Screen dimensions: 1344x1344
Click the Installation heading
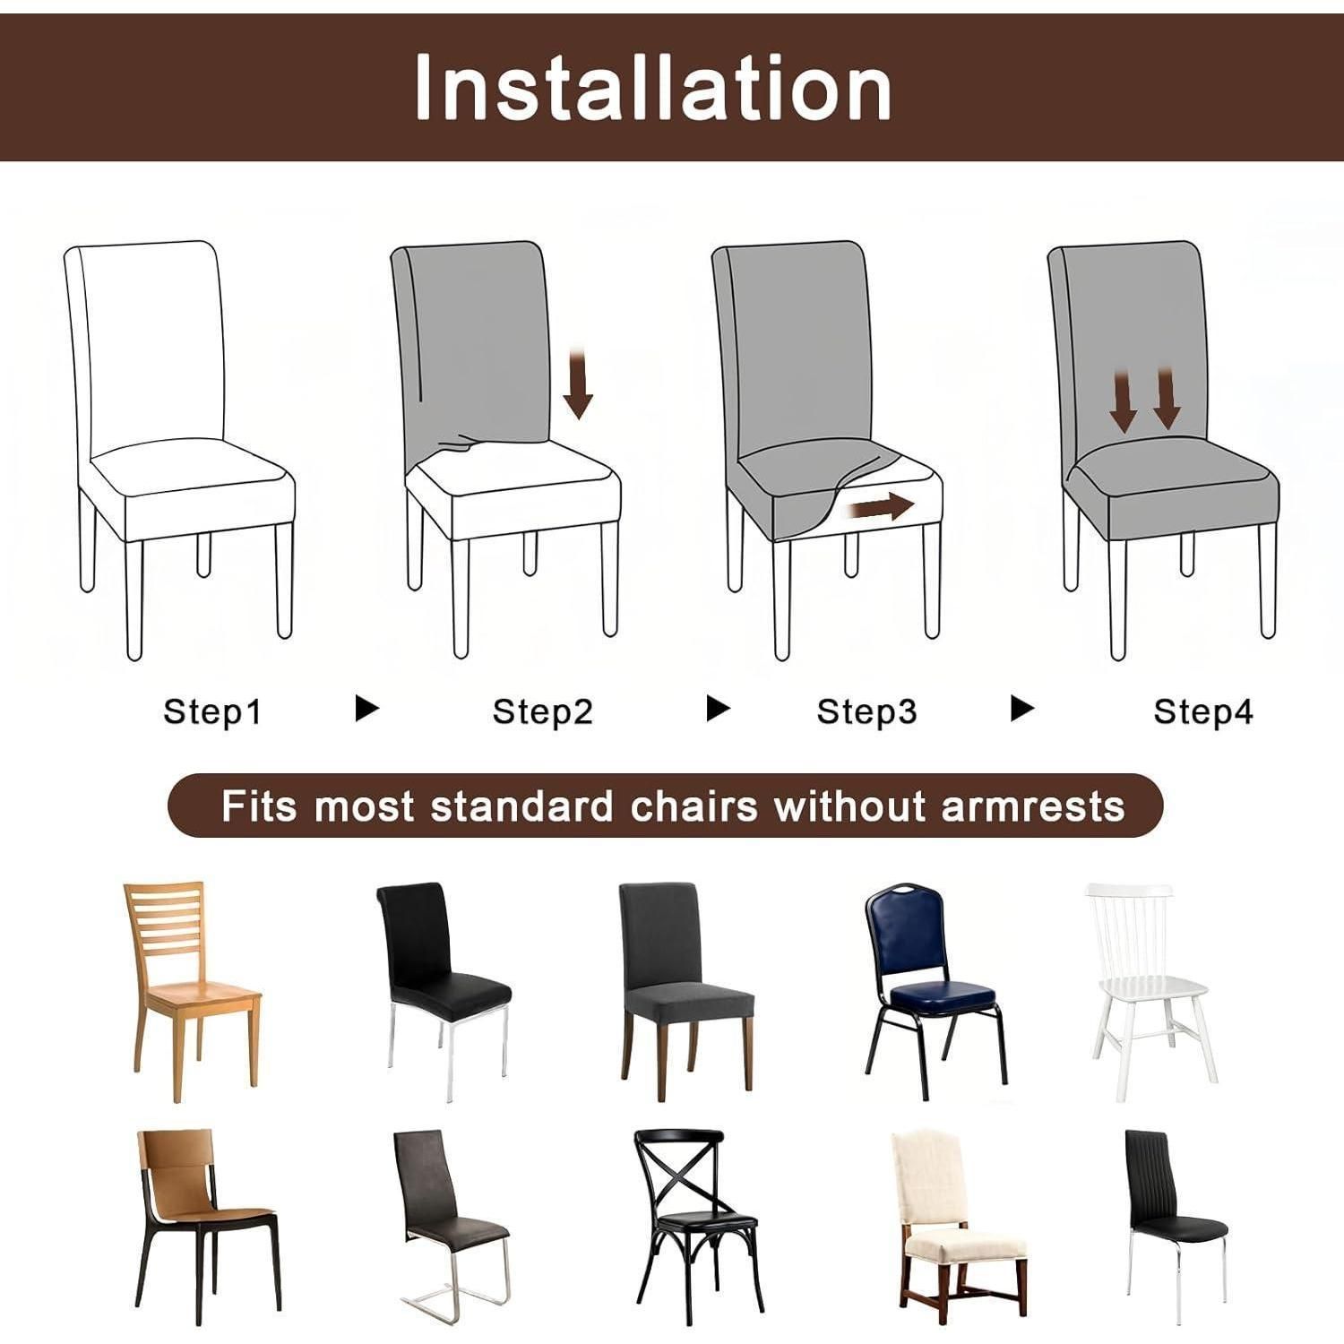tap(653, 87)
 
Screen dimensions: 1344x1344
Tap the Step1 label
tap(212, 711)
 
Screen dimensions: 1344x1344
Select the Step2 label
tap(543, 711)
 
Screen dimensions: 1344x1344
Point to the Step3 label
tap(867, 711)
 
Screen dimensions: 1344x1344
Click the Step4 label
tap(1203, 711)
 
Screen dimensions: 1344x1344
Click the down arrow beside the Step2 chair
tap(578, 385)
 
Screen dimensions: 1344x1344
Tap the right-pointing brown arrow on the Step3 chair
tap(882, 508)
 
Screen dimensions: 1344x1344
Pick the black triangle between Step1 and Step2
tap(366, 708)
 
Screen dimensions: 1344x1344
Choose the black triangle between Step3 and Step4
tap(1021, 708)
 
